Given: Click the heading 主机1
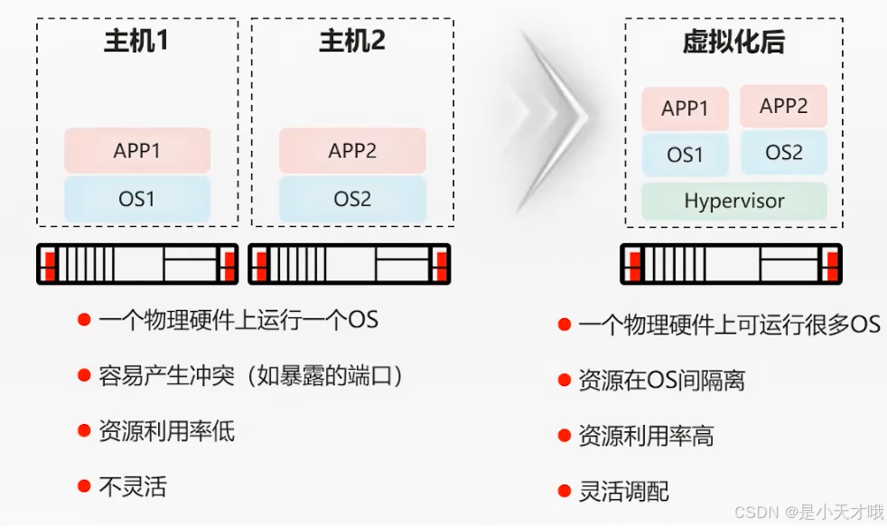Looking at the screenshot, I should pyautogui.click(x=136, y=42).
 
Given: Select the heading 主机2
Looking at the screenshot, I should pyautogui.click(x=352, y=42).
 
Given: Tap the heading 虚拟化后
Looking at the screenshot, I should pyautogui.click(x=733, y=42).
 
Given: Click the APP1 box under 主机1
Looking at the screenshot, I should pyautogui.click(x=137, y=150).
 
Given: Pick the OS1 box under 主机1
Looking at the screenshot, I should pyautogui.click(x=137, y=198).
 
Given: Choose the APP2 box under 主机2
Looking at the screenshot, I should pyautogui.click(x=352, y=150).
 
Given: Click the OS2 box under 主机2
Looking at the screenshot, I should pyautogui.click(x=352, y=198).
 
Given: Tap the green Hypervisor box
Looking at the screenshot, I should pyautogui.click(x=734, y=201).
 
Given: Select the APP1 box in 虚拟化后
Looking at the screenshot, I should pyautogui.click(x=685, y=108).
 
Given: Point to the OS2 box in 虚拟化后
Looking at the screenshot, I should pyautogui.click(x=784, y=153).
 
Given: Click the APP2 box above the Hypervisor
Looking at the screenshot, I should pyautogui.click(x=784, y=106).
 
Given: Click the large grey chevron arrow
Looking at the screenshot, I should pyautogui.click(x=553, y=118).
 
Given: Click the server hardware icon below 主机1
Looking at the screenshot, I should pyautogui.click(x=137, y=264).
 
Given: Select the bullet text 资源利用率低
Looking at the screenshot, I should pyautogui.click(x=167, y=430).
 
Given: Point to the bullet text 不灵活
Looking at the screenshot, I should pyautogui.click(x=133, y=486).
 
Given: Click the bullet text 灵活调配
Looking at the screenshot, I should pyautogui.click(x=624, y=491).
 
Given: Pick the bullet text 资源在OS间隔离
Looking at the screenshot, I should pyautogui.click(x=662, y=381).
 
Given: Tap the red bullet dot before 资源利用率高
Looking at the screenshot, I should pyautogui.click(x=564, y=435).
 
